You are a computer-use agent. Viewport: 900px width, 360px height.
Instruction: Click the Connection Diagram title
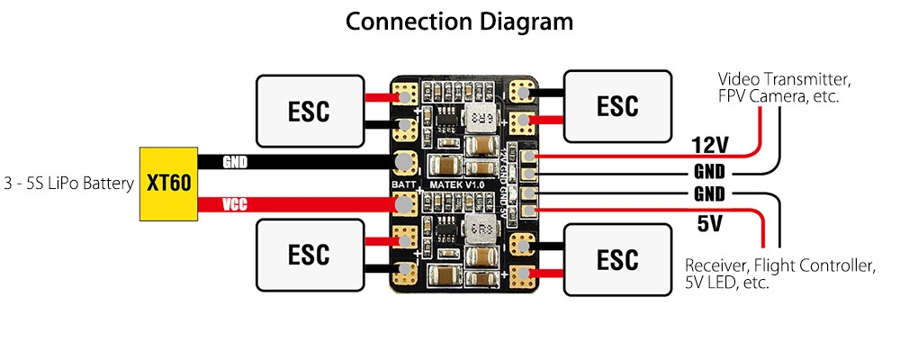(x=459, y=21)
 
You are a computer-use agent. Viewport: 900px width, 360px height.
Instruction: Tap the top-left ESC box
(x=310, y=111)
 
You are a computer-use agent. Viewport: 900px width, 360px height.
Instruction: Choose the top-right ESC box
(x=617, y=105)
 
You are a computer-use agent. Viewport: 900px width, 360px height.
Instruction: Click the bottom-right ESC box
(x=617, y=259)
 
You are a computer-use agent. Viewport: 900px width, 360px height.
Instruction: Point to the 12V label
(x=709, y=145)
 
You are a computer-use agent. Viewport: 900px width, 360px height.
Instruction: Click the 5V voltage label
(x=710, y=221)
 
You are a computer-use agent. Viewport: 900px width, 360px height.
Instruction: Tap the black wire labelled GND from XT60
(x=297, y=162)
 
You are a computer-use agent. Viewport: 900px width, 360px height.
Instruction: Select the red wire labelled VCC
(x=297, y=205)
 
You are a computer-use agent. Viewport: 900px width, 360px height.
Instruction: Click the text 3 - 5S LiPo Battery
(x=68, y=184)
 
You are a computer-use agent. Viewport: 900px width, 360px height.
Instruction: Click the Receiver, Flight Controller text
(x=779, y=274)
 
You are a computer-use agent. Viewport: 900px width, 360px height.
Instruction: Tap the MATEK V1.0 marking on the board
(x=457, y=184)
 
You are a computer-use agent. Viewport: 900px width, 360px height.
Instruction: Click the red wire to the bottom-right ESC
(x=547, y=273)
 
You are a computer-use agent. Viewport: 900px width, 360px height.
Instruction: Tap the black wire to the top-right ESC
(x=547, y=91)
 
